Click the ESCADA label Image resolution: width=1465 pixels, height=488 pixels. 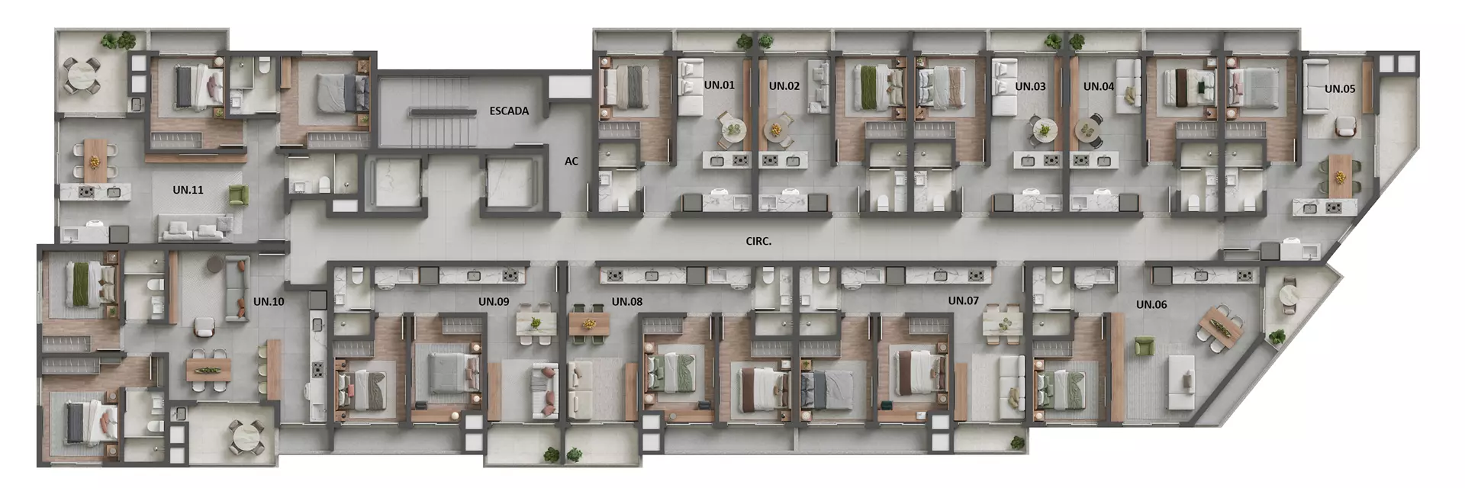509,111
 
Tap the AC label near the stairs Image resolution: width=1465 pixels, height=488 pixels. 572,161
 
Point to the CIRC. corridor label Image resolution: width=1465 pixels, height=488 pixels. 758,241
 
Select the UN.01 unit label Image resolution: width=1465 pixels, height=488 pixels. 719,85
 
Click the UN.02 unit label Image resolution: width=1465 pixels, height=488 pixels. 784,85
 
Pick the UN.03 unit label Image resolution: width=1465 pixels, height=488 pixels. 1030,86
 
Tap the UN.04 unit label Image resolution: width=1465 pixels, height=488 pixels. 1099,86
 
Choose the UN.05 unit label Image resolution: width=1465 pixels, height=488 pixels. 1340,88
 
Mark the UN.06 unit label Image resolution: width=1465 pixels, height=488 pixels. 1151,304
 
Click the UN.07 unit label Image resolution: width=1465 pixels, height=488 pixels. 963,300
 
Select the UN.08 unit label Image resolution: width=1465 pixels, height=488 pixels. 626,301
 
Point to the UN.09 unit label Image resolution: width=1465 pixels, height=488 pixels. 494,301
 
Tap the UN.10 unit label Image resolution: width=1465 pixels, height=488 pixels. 269,301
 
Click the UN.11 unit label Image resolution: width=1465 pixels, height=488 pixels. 188,190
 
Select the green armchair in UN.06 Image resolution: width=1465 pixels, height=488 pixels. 1143,347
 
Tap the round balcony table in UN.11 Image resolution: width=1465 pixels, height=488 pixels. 80,75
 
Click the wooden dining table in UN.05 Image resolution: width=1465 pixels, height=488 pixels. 1339,175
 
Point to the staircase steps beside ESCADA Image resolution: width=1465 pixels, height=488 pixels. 443,112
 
